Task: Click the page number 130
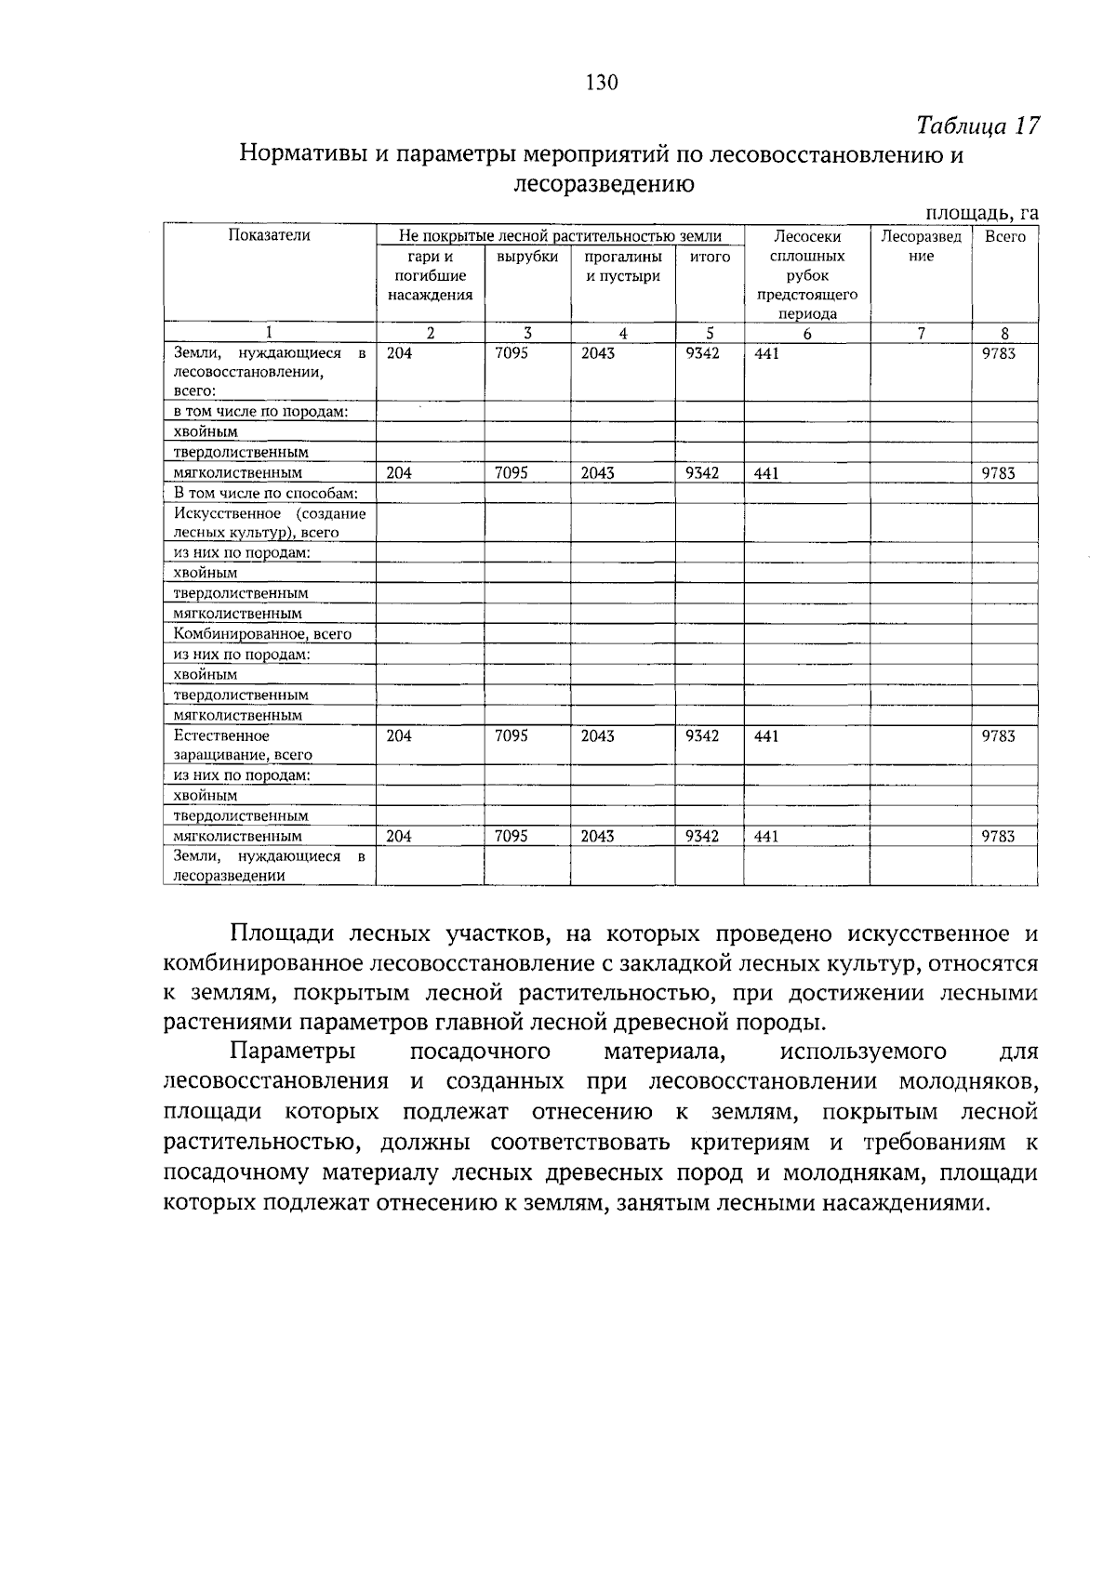tap(602, 83)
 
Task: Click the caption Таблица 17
tap(976, 126)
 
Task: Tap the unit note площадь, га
tap(980, 214)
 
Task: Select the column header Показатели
tap(270, 236)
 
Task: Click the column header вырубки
tap(526, 257)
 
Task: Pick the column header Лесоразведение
tap(921, 246)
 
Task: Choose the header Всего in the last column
tap(1004, 237)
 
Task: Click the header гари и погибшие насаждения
tap(430, 275)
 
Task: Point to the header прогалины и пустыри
tap(622, 266)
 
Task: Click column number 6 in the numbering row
tap(806, 334)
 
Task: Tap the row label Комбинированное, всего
tap(262, 634)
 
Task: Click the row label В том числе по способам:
tap(267, 493)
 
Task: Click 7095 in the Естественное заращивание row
tap(511, 735)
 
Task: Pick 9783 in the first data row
tap(999, 353)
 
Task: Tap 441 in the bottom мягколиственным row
tap(766, 837)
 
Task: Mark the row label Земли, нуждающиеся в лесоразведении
tap(269, 866)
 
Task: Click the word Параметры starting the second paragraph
tap(292, 1052)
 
